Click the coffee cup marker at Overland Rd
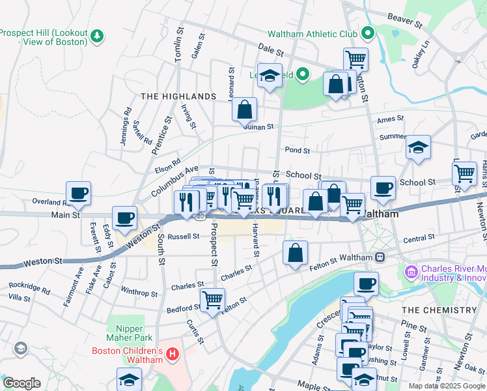[x=78, y=193]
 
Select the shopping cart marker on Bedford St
[x=212, y=300]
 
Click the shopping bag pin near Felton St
[x=295, y=253]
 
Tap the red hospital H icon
[x=172, y=355]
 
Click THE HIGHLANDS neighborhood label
[x=178, y=96]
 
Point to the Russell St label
[x=183, y=237]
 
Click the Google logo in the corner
[x=21, y=383]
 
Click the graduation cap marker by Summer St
[x=418, y=147]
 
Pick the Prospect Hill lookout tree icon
[x=97, y=34]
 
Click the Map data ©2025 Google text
[x=447, y=386]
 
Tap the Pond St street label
[x=297, y=150]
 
